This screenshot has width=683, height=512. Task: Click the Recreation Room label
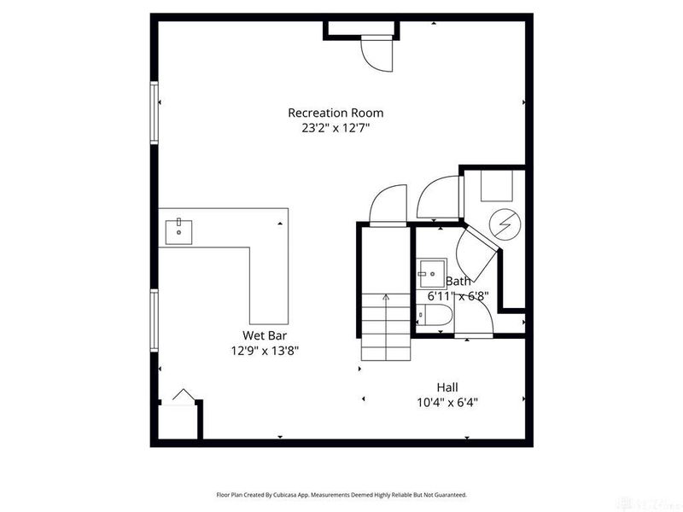(335, 113)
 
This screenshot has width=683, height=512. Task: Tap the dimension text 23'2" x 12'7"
(335, 128)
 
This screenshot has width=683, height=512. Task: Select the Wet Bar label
(262, 335)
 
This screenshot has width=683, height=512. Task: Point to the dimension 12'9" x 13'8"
(262, 350)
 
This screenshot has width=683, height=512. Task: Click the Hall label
(447, 387)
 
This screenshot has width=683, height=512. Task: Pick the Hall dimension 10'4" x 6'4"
(447, 402)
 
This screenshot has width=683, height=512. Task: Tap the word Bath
(458, 282)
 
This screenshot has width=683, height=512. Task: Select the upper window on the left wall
(155, 113)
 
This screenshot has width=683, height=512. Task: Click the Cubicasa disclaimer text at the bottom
(341, 495)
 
